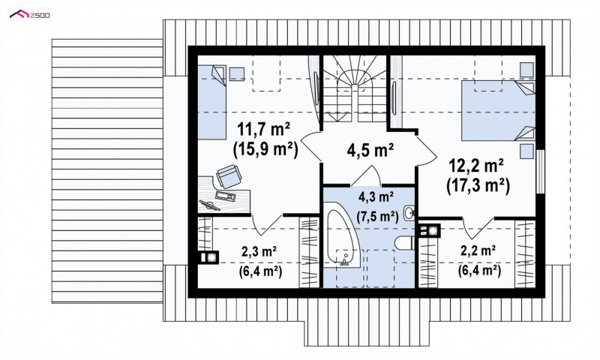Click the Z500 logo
point(29,15)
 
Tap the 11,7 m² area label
point(264,129)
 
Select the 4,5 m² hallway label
point(370,150)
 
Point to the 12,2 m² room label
point(476,166)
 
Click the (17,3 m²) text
point(478,186)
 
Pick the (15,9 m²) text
point(265,149)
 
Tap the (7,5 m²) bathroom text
point(377,217)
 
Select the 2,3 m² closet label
point(259,251)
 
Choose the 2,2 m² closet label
point(478,250)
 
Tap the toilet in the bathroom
point(403,242)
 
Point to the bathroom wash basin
point(408,213)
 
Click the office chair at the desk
point(229,176)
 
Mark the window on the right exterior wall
point(540,172)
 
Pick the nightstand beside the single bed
point(237,73)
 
